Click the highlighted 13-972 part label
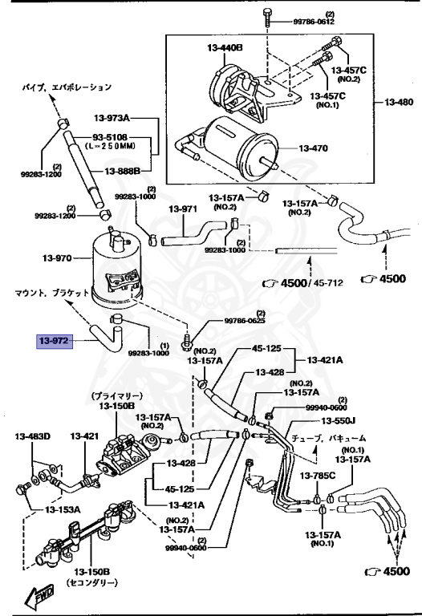55,341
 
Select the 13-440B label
225,48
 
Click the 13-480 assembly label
399,102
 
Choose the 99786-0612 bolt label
314,22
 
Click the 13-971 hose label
183,209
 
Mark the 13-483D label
33,436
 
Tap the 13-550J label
338,421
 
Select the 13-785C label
318,476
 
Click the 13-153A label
63,509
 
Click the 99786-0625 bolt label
245,321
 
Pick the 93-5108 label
110,137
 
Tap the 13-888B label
122,172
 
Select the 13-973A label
112,117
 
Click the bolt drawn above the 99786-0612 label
267,17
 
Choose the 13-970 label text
58,258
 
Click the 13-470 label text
313,148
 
